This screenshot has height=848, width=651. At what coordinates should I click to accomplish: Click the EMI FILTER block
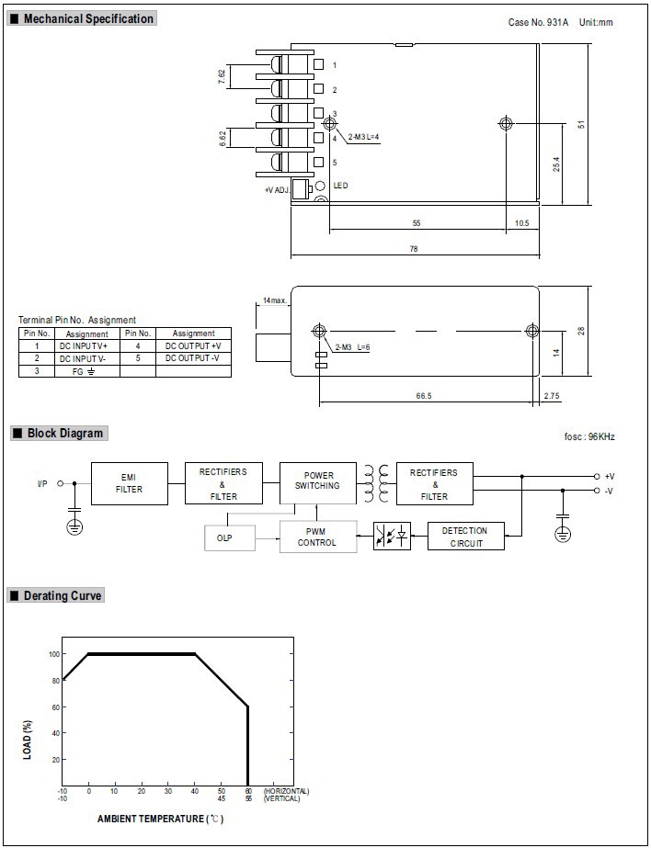click(x=129, y=483)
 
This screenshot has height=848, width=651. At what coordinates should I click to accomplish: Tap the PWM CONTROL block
click(x=317, y=536)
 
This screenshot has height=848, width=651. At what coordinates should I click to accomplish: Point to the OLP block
click(x=228, y=537)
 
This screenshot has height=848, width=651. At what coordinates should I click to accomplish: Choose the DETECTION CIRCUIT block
click(x=465, y=537)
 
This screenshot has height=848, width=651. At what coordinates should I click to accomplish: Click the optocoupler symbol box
click(x=393, y=536)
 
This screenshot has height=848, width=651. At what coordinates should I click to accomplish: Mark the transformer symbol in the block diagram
click(x=375, y=483)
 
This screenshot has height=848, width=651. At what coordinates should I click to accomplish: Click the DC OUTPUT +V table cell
click(x=193, y=345)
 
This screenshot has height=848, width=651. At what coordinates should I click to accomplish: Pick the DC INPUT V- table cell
click(x=84, y=358)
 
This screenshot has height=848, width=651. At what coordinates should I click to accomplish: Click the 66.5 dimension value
click(x=423, y=395)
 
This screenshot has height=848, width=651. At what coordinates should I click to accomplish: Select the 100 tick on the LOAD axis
click(x=53, y=654)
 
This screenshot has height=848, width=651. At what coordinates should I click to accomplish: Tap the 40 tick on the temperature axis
click(x=195, y=791)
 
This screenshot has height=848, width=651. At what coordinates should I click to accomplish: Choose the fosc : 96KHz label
click(x=589, y=436)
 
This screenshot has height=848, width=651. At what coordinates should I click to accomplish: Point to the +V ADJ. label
click(x=276, y=190)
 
